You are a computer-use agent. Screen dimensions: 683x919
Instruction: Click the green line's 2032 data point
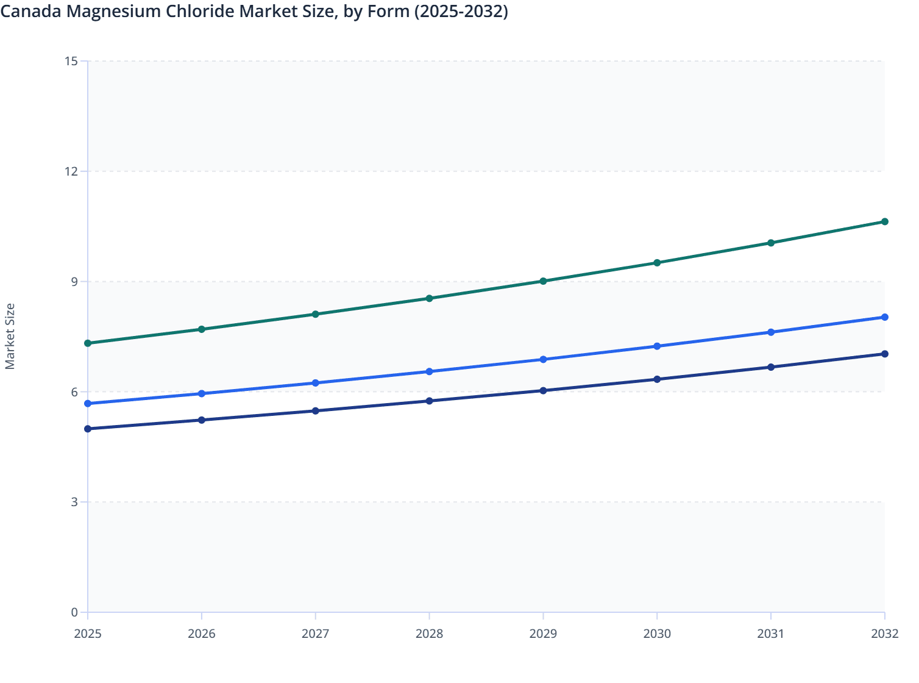884,221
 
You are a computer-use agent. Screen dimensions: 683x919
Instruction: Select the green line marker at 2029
543,281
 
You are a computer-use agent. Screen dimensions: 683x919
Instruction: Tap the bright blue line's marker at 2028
429,371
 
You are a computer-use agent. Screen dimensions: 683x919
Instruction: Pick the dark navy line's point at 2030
657,379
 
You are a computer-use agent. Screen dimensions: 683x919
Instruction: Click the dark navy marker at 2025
88,429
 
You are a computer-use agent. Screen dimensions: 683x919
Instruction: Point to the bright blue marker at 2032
884,317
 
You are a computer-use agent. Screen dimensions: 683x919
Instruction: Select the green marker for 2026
202,329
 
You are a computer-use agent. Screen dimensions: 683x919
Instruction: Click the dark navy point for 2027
315,411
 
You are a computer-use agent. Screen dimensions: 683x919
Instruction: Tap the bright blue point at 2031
771,332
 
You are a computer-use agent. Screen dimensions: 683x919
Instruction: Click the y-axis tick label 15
71,61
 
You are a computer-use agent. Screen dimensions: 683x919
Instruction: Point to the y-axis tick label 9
74,281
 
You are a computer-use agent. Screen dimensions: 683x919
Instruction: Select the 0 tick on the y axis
74,612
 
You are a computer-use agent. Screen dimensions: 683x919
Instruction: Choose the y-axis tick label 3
74,502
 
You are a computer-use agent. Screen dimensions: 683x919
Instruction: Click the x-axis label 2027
315,634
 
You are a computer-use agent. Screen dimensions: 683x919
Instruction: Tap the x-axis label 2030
657,634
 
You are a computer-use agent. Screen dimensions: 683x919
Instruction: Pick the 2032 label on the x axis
884,634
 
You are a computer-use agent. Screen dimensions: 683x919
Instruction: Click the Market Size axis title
10,336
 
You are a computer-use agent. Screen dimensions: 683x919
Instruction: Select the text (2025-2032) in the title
461,11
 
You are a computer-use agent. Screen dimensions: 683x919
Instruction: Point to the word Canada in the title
30,11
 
